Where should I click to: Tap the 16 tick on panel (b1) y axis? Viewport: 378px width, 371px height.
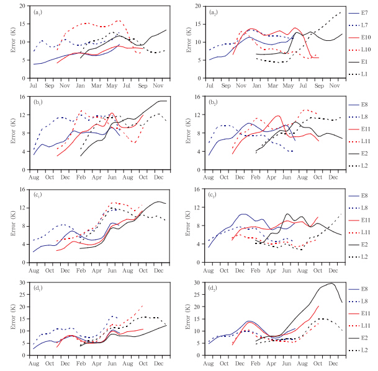(24, 97)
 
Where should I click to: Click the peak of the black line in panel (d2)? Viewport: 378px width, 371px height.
(332, 284)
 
